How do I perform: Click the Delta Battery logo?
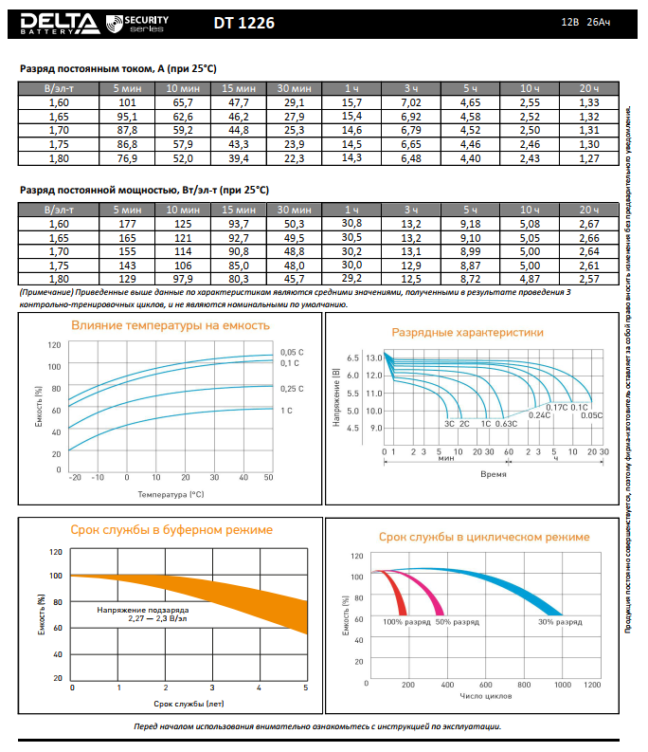click(x=56, y=21)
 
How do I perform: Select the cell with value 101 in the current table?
click(x=128, y=101)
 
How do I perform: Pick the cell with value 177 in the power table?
click(x=128, y=222)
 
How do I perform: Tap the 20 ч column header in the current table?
click(x=588, y=87)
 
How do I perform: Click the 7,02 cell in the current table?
click(x=411, y=101)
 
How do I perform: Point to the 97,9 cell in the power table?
click(x=181, y=280)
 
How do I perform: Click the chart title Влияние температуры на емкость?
click(x=171, y=325)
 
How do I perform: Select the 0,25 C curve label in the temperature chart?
click(x=292, y=389)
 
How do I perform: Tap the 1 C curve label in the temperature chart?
click(x=286, y=410)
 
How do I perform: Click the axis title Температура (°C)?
click(x=171, y=494)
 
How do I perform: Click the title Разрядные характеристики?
click(x=468, y=333)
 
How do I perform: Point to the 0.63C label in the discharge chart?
click(x=506, y=423)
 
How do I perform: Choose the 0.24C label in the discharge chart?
click(x=539, y=415)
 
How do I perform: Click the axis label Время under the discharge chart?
click(x=493, y=472)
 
